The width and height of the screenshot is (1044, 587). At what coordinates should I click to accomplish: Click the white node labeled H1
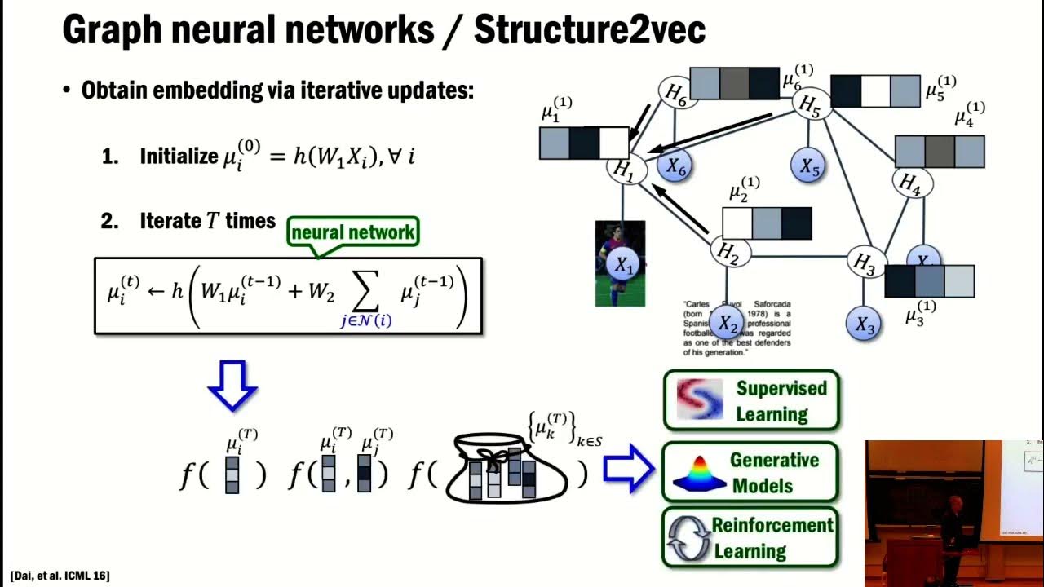(624, 170)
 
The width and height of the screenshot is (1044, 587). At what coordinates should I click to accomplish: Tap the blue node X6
(675, 166)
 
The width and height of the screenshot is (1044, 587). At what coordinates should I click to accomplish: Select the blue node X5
(808, 166)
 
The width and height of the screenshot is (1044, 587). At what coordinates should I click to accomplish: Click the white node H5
(809, 104)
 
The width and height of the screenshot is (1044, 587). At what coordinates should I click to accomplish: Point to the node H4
(910, 184)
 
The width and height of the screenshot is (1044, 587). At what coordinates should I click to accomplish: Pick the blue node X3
(865, 324)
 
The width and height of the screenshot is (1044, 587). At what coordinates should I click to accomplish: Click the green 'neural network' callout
(354, 232)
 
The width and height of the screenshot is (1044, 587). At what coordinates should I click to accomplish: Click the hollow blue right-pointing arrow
(629, 469)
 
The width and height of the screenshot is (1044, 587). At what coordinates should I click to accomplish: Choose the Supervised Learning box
(750, 400)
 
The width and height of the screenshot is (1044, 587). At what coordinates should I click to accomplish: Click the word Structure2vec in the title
(589, 30)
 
